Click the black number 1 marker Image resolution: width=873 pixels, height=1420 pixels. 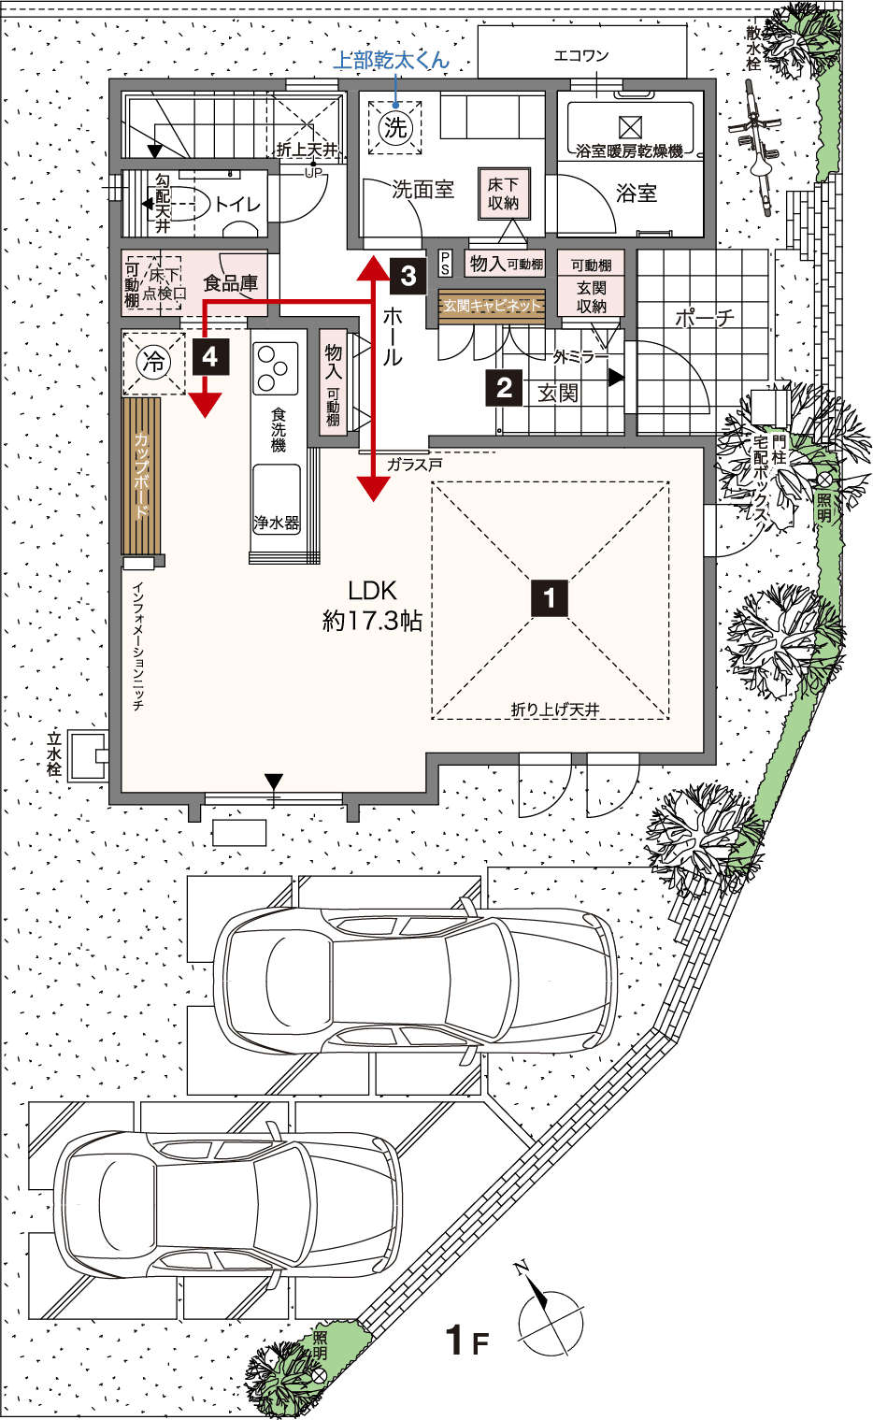click(x=550, y=597)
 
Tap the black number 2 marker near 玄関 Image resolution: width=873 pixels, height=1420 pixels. click(x=504, y=387)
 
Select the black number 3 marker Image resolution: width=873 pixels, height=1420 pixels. click(x=408, y=277)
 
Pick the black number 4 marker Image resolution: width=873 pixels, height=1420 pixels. click(x=210, y=357)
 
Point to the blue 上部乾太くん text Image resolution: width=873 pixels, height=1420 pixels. click(x=392, y=61)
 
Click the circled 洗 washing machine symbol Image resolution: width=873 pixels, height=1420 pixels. click(x=395, y=127)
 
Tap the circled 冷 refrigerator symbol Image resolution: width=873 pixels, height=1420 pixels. click(x=153, y=363)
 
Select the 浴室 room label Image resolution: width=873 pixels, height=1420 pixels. click(x=636, y=193)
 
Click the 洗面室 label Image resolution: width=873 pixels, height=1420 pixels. click(x=422, y=189)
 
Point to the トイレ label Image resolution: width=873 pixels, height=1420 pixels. click(x=237, y=204)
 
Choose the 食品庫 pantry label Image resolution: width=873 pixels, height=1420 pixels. click(x=230, y=282)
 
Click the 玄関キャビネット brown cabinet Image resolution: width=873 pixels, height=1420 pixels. click(x=492, y=307)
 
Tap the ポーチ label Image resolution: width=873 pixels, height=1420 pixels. click(x=705, y=318)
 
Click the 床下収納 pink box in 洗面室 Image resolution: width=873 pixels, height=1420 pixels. click(x=504, y=194)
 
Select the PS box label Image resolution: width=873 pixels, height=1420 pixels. click(x=445, y=264)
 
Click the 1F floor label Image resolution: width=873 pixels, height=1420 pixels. click(x=467, y=1340)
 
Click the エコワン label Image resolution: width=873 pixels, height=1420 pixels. click(x=581, y=56)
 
